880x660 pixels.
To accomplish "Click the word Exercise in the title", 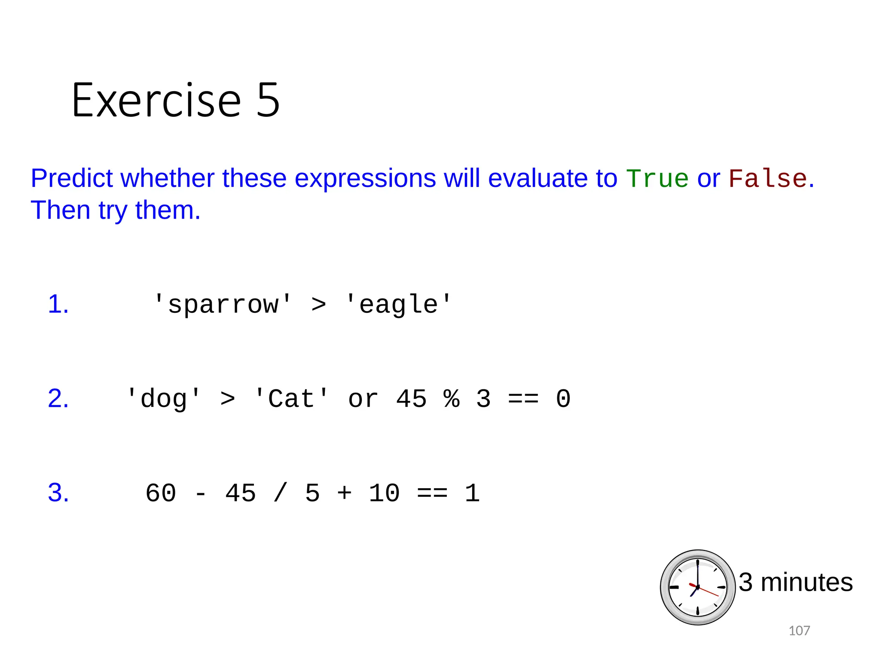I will pos(156,101).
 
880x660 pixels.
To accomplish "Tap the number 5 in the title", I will pos(268,101).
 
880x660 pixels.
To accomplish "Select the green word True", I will pos(657,178).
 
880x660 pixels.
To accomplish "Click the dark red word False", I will pos(767,178).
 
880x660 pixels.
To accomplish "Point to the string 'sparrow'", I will pos(223,305).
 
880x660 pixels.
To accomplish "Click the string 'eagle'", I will pos(398,305).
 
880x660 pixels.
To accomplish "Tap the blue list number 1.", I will pos(58,304).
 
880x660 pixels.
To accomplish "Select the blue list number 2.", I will pos(58,398).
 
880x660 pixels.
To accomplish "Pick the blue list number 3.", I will pos(58,492).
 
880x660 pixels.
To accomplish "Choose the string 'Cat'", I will pos(291,399).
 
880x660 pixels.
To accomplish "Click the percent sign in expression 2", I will pos(452,399).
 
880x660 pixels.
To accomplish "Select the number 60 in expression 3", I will pos(161,493).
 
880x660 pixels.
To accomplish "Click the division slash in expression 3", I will pos(280,493).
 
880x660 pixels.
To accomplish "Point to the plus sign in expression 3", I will pos(345,493).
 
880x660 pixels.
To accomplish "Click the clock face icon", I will pos(697,587).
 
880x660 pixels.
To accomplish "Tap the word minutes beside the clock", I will pos(807,583).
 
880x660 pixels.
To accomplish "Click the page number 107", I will pos(799,631).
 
